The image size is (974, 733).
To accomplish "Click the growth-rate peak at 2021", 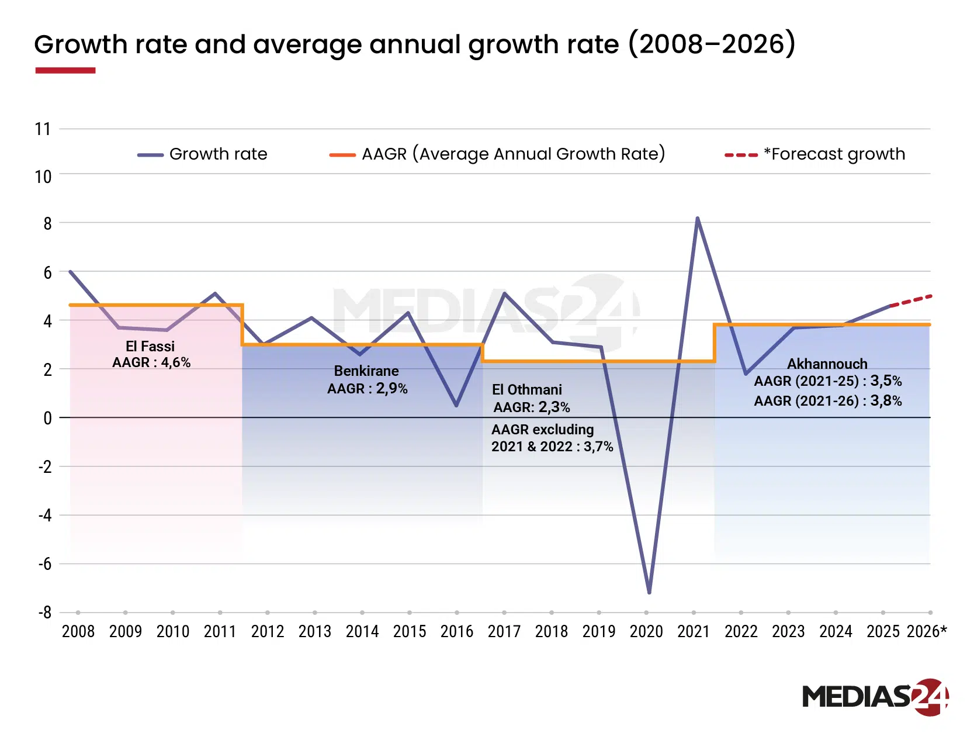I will click(x=697, y=219).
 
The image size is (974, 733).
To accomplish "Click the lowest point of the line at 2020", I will click(x=649, y=592).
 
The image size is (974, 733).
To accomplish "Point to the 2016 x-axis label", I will click(x=456, y=632).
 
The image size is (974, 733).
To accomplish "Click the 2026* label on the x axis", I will click(x=927, y=632).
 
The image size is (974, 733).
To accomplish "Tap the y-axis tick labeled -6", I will click(x=44, y=565).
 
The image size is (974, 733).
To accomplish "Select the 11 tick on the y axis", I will click(x=43, y=129).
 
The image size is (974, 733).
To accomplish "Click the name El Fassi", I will click(x=150, y=347).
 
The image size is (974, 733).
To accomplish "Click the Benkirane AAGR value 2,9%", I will click(x=391, y=389).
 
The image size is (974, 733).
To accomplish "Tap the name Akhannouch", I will click(x=827, y=364).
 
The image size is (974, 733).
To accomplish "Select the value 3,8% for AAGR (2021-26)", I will click(x=886, y=401).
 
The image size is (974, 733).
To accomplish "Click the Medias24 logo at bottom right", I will click(x=875, y=697).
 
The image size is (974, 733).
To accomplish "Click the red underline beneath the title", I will click(x=65, y=71).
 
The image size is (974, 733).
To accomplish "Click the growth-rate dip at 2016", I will click(x=456, y=405).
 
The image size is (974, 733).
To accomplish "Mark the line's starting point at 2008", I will click(x=70, y=272).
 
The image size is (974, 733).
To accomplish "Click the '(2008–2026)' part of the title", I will click(x=712, y=45).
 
